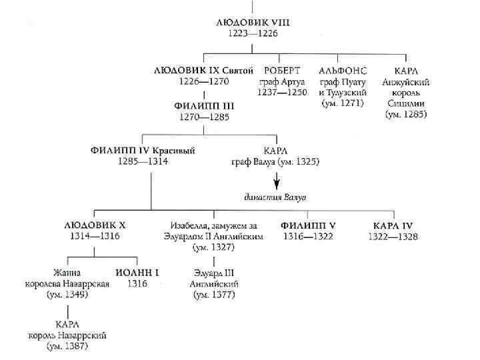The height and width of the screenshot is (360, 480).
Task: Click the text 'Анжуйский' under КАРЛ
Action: click(x=406, y=81)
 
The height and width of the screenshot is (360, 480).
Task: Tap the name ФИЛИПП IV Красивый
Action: click(x=143, y=150)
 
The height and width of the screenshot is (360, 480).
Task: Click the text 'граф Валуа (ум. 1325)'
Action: click(x=275, y=161)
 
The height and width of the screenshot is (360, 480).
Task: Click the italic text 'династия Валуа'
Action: click(x=275, y=196)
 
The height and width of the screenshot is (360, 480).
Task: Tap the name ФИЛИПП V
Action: click(x=308, y=225)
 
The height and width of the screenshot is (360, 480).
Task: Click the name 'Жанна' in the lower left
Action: click(x=67, y=272)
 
